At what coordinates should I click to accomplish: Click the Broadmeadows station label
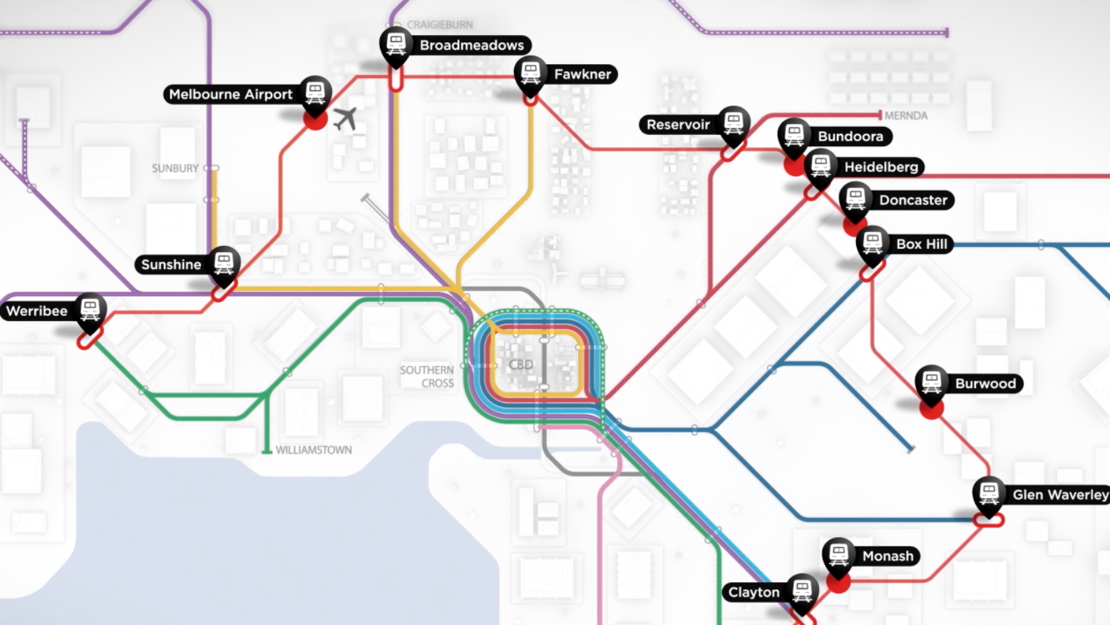pos(471,45)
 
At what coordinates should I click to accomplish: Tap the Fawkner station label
pos(582,74)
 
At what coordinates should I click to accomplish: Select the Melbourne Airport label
pos(231,94)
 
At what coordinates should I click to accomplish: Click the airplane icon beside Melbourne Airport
pos(345,118)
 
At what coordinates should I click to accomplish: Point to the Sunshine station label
pos(171,265)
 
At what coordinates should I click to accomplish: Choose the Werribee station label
pos(37,311)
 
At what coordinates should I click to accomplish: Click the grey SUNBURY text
pos(175,168)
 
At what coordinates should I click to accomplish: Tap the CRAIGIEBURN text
pos(440,25)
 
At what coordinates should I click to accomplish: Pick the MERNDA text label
pos(905,116)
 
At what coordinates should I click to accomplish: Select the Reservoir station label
pos(678,125)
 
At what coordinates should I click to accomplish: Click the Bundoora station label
pos(850,136)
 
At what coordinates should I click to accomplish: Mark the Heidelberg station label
pos(881,167)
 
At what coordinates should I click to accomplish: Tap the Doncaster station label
pos(913,200)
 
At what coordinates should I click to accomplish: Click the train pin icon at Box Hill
pos(873,243)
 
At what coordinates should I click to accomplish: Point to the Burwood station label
pos(985,384)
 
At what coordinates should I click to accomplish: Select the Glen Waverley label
pos(1060,495)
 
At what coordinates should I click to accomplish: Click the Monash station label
pos(888,557)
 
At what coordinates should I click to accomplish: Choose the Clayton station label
pos(754,592)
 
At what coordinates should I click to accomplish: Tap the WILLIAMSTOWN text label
pos(314,450)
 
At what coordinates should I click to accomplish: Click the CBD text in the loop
pos(521,365)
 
